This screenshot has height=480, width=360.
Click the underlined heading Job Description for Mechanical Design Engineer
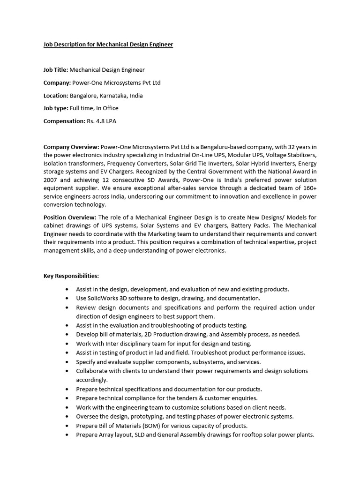108,45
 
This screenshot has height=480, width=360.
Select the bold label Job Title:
56,70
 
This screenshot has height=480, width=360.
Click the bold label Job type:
56,108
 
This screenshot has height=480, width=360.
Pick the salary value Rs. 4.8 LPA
101,121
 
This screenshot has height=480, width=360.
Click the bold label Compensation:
64,121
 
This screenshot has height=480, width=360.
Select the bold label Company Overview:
71,147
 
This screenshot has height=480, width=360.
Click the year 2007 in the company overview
51,179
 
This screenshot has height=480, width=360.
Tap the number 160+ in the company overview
308,187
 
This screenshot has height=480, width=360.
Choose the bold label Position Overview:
70,217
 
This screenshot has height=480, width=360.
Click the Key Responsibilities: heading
71,276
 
